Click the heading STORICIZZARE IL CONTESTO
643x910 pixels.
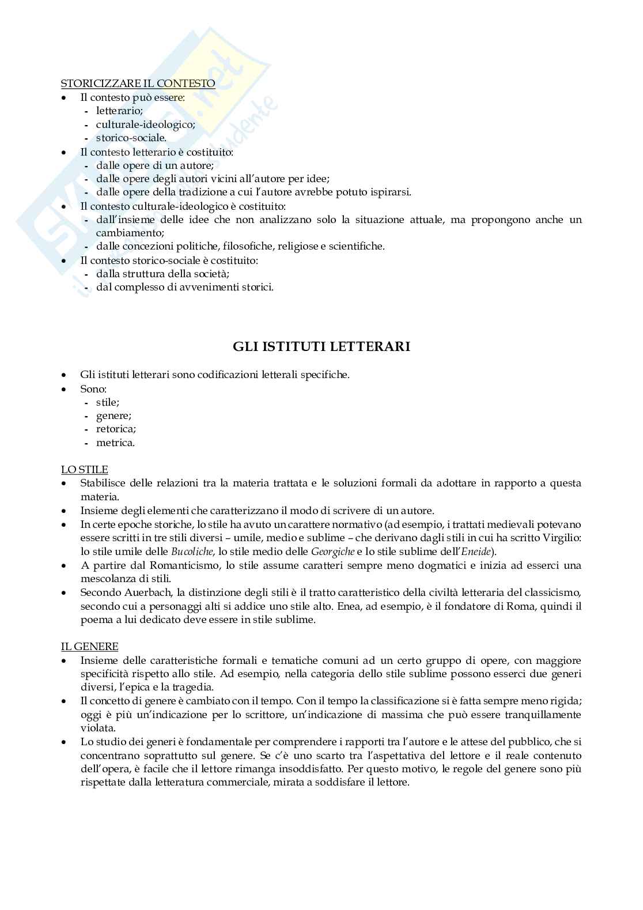point(138,84)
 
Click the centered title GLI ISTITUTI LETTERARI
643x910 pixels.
point(321,346)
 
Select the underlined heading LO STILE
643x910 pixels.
point(84,470)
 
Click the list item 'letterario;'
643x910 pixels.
point(119,111)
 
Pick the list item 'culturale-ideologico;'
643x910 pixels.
point(146,124)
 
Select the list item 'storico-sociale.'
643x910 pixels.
point(131,138)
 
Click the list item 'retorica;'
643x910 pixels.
point(116,429)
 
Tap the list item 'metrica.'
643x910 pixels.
point(115,443)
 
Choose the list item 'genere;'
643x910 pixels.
point(114,416)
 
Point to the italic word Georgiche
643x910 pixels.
point(332,552)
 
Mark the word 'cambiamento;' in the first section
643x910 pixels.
point(130,233)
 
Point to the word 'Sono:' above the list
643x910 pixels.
point(93,389)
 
